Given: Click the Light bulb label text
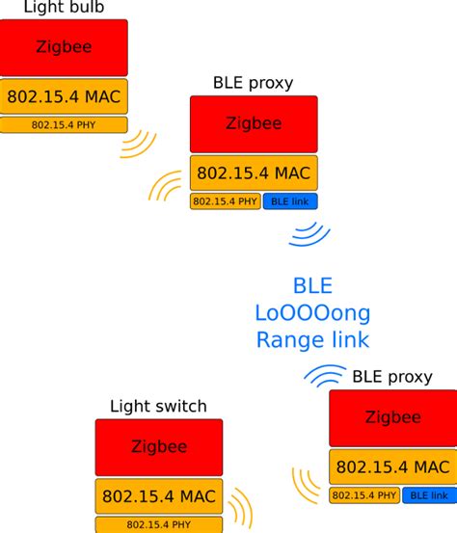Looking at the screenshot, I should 63,8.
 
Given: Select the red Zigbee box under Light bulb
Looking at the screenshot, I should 64,46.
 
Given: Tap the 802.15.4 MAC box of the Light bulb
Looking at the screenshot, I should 64,96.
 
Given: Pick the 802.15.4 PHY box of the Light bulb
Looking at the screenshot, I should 64,124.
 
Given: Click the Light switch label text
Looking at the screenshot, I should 158,406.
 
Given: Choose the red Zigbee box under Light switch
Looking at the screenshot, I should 158,447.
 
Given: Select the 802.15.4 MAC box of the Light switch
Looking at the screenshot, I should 158,495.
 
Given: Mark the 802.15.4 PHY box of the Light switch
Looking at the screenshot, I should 158,524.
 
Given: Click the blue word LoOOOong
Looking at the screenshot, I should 312,312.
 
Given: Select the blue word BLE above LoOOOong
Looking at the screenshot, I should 312,285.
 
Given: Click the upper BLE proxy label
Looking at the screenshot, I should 252,83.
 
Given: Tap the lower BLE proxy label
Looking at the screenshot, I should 391,377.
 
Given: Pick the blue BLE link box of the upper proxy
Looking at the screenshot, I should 289,201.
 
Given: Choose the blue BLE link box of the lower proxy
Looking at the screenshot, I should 428,495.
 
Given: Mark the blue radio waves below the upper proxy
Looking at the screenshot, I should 310,233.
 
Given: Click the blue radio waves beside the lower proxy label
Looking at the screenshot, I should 325,377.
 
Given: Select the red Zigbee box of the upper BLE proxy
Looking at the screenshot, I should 254,123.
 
